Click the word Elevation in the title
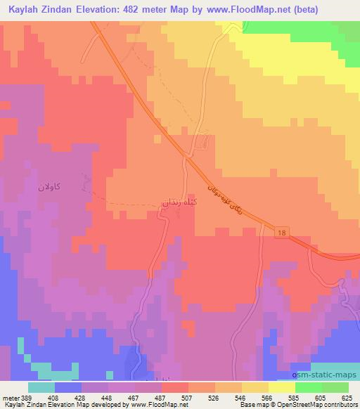point(101,10)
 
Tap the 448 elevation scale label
point(108,398)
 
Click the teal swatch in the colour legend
point(41,387)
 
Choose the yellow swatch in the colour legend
point(281,387)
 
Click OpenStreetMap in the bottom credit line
point(291,405)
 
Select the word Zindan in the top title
point(57,10)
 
